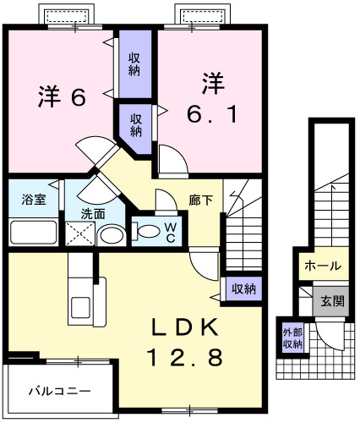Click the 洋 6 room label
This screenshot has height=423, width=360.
(x=63, y=97)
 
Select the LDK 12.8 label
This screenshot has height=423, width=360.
(x=188, y=343)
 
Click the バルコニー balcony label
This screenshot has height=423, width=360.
(x=59, y=392)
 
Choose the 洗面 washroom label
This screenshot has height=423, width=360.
(x=93, y=213)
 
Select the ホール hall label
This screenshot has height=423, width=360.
(x=322, y=266)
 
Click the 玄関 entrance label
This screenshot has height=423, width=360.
(x=329, y=300)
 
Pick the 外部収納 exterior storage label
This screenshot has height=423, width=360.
(x=292, y=338)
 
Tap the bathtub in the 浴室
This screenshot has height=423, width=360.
(x=34, y=232)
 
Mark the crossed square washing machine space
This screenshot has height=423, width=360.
(x=77, y=234)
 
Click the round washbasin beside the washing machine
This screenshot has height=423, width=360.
(x=108, y=235)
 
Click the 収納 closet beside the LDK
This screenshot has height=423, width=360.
(x=243, y=289)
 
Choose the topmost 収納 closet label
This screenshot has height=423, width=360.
(x=134, y=63)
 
